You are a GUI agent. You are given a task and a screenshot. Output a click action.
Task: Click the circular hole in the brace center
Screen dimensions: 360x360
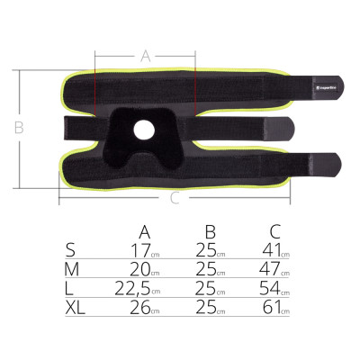tap(144, 130)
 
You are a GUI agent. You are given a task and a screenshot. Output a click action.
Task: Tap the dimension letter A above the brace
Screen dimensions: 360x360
tap(145, 56)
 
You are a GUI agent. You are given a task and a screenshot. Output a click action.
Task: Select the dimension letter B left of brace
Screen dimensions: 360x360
tap(18, 129)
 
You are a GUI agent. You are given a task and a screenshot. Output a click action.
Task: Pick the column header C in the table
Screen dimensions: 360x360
tap(275, 231)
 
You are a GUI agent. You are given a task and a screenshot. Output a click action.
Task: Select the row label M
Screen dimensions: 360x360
tap(73, 269)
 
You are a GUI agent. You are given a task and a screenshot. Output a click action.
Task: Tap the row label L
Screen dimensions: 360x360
tap(71, 288)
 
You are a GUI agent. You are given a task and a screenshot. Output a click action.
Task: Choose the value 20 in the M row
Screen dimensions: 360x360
tap(139, 269)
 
